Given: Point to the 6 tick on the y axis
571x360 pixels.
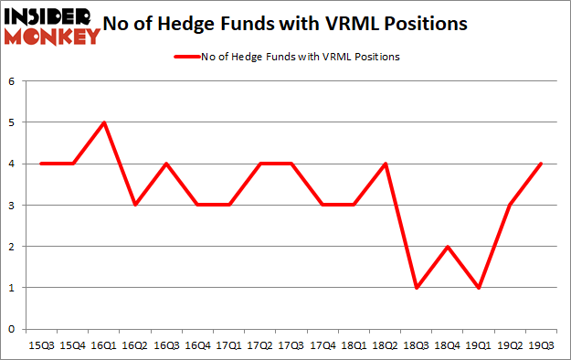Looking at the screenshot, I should pyautogui.click(x=13, y=81).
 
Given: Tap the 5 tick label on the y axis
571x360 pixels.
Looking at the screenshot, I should pyautogui.click(x=13, y=122).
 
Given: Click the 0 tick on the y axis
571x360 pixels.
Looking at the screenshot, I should pyautogui.click(x=13, y=329).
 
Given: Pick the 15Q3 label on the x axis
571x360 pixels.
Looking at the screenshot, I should pyautogui.click(x=41, y=344).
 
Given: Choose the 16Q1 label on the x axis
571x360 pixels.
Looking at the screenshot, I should pyautogui.click(x=104, y=344).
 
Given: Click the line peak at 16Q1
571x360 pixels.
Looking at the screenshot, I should pyautogui.click(x=104, y=122).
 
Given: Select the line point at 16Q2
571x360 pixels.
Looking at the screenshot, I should pyautogui.click(x=136, y=205).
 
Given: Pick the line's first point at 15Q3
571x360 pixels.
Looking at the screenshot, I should pyautogui.click(x=41, y=164).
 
